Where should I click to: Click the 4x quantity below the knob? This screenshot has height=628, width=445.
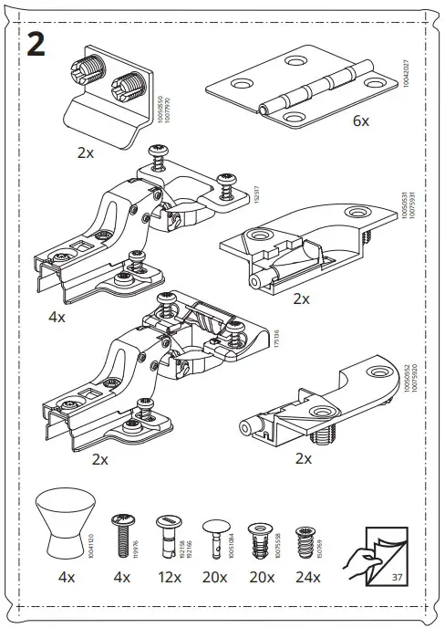pos(67,577)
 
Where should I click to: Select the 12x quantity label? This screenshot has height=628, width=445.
pos(169,577)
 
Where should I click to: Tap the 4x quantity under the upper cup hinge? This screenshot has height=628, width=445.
pos(57,317)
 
